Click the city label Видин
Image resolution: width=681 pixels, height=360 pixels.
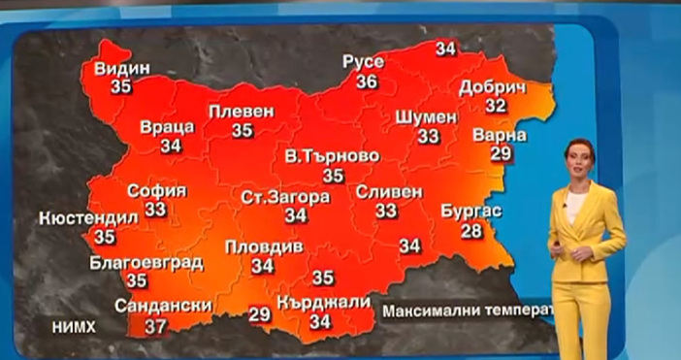(122, 69)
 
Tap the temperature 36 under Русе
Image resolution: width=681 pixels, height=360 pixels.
(367, 82)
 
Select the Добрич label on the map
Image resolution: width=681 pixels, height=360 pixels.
(491, 86)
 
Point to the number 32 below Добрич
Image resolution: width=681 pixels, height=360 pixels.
(496, 105)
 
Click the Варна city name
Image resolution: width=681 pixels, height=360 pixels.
(500, 134)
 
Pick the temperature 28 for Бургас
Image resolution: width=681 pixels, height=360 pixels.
(471, 230)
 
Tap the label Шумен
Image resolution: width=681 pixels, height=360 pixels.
(427, 116)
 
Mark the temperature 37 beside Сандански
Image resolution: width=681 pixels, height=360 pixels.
(155, 326)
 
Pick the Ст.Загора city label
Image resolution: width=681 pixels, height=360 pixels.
(285, 196)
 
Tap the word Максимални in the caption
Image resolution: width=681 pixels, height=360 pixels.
(426, 312)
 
